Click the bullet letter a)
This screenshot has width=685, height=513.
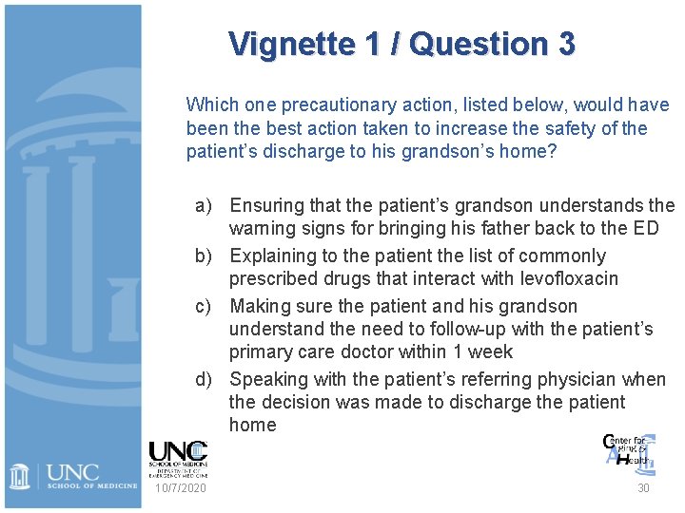coord(204,205)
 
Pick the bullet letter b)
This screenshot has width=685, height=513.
coord(204,256)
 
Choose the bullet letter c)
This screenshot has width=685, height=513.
coord(204,306)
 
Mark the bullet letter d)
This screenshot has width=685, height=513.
coord(204,379)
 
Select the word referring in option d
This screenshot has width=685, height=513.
coord(434,379)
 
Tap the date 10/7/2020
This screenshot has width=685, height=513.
coord(179,487)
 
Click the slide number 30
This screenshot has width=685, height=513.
coord(643,487)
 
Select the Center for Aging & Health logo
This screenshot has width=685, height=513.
coord(629,450)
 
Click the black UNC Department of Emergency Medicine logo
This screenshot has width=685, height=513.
coord(178,458)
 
